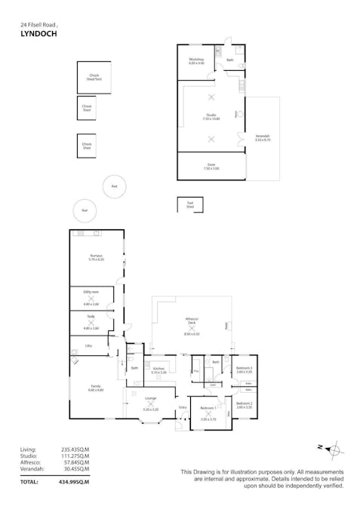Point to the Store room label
(x=211, y=167)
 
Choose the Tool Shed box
(x=189, y=204)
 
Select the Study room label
(x=91, y=317)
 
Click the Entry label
(x=182, y=407)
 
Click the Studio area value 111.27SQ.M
(x=75, y=455)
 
